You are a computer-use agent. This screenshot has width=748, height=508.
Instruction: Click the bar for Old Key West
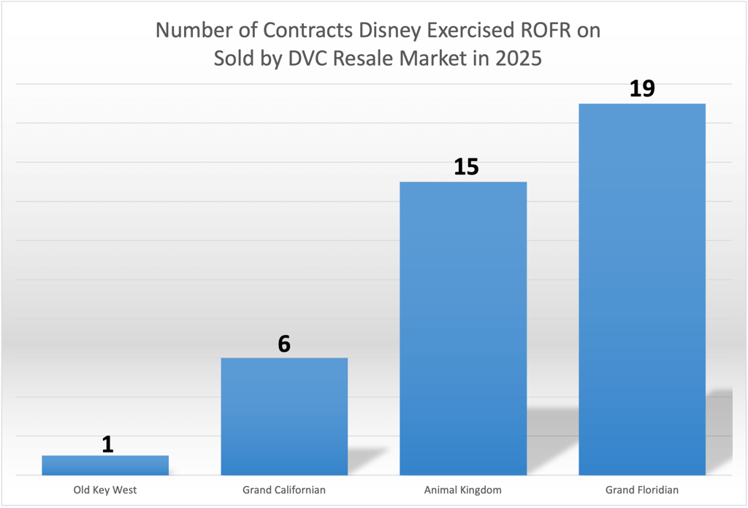click(x=105, y=465)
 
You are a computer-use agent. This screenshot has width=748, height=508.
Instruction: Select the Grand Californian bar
click(x=283, y=416)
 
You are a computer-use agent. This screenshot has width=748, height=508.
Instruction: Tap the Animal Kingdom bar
click(x=463, y=328)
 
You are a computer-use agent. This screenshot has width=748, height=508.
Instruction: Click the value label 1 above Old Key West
click(x=107, y=444)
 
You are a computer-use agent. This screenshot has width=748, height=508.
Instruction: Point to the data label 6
click(x=284, y=344)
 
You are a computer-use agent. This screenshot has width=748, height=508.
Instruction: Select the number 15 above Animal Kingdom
click(x=466, y=167)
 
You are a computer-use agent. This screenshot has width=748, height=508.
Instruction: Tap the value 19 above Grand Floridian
click(x=643, y=88)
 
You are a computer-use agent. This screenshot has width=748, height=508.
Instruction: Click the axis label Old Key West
click(x=105, y=490)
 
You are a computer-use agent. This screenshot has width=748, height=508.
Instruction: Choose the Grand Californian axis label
click(x=284, y=490)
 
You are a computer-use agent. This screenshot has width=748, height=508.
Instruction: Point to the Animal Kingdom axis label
click(x=463, y=490)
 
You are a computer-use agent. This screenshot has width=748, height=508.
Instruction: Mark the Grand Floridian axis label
click(x=642, y=490)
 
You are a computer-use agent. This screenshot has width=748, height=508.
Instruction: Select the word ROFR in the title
click(x=551, y=31)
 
